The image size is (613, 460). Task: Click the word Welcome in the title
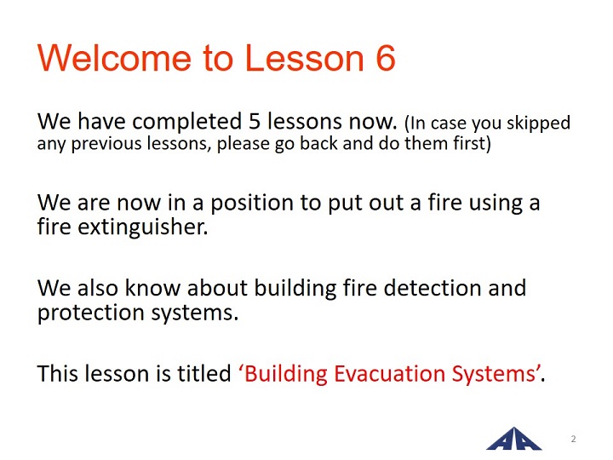[x=114, y=58]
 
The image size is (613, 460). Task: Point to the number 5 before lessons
[x=255, y=121]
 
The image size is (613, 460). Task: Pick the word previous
[x=106, y=144]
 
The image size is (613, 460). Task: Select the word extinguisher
[x=142, y=227]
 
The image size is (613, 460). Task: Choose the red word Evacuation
[x=389, y=373]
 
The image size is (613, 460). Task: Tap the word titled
[x=204, y=373]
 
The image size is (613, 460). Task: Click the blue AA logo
[x=513, y=439]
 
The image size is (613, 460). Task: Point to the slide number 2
[x=573, y=439]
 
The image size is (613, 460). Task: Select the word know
[x=152, y=288]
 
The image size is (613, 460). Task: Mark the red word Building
[x=285, y=375]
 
